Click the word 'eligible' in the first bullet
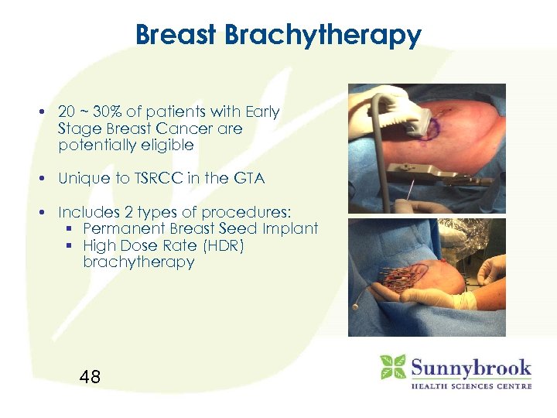tap(165, 145)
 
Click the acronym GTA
tap(248, 178)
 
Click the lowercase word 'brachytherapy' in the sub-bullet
tap(138, 262)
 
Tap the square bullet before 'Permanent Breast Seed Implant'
tap(73, 229)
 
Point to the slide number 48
tap(90, 377)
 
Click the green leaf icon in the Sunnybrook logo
tap(392, 366)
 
